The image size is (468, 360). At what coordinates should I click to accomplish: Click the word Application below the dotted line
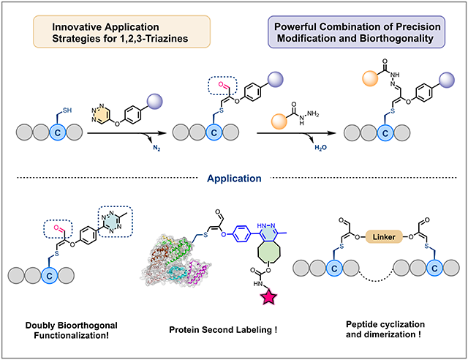click(x=234, y=177)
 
